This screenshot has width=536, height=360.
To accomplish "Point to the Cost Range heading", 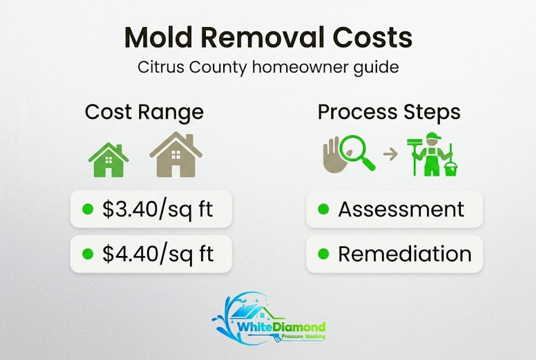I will [144, 112].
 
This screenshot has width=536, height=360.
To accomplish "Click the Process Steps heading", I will [389, 112].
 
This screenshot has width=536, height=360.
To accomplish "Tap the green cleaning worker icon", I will [431, 155].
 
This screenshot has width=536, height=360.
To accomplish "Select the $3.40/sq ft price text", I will [158, 209].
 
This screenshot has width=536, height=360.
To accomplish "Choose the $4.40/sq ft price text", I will [158, 254].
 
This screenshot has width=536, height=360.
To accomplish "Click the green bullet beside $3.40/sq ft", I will [88, 209].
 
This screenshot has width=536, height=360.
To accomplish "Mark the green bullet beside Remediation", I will [324, 254].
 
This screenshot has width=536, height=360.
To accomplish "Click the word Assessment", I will [401, 209].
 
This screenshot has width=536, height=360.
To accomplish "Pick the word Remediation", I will [405, 254].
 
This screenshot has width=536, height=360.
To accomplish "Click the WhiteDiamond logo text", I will [281, 327].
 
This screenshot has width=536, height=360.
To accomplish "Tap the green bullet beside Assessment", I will [324, 209].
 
